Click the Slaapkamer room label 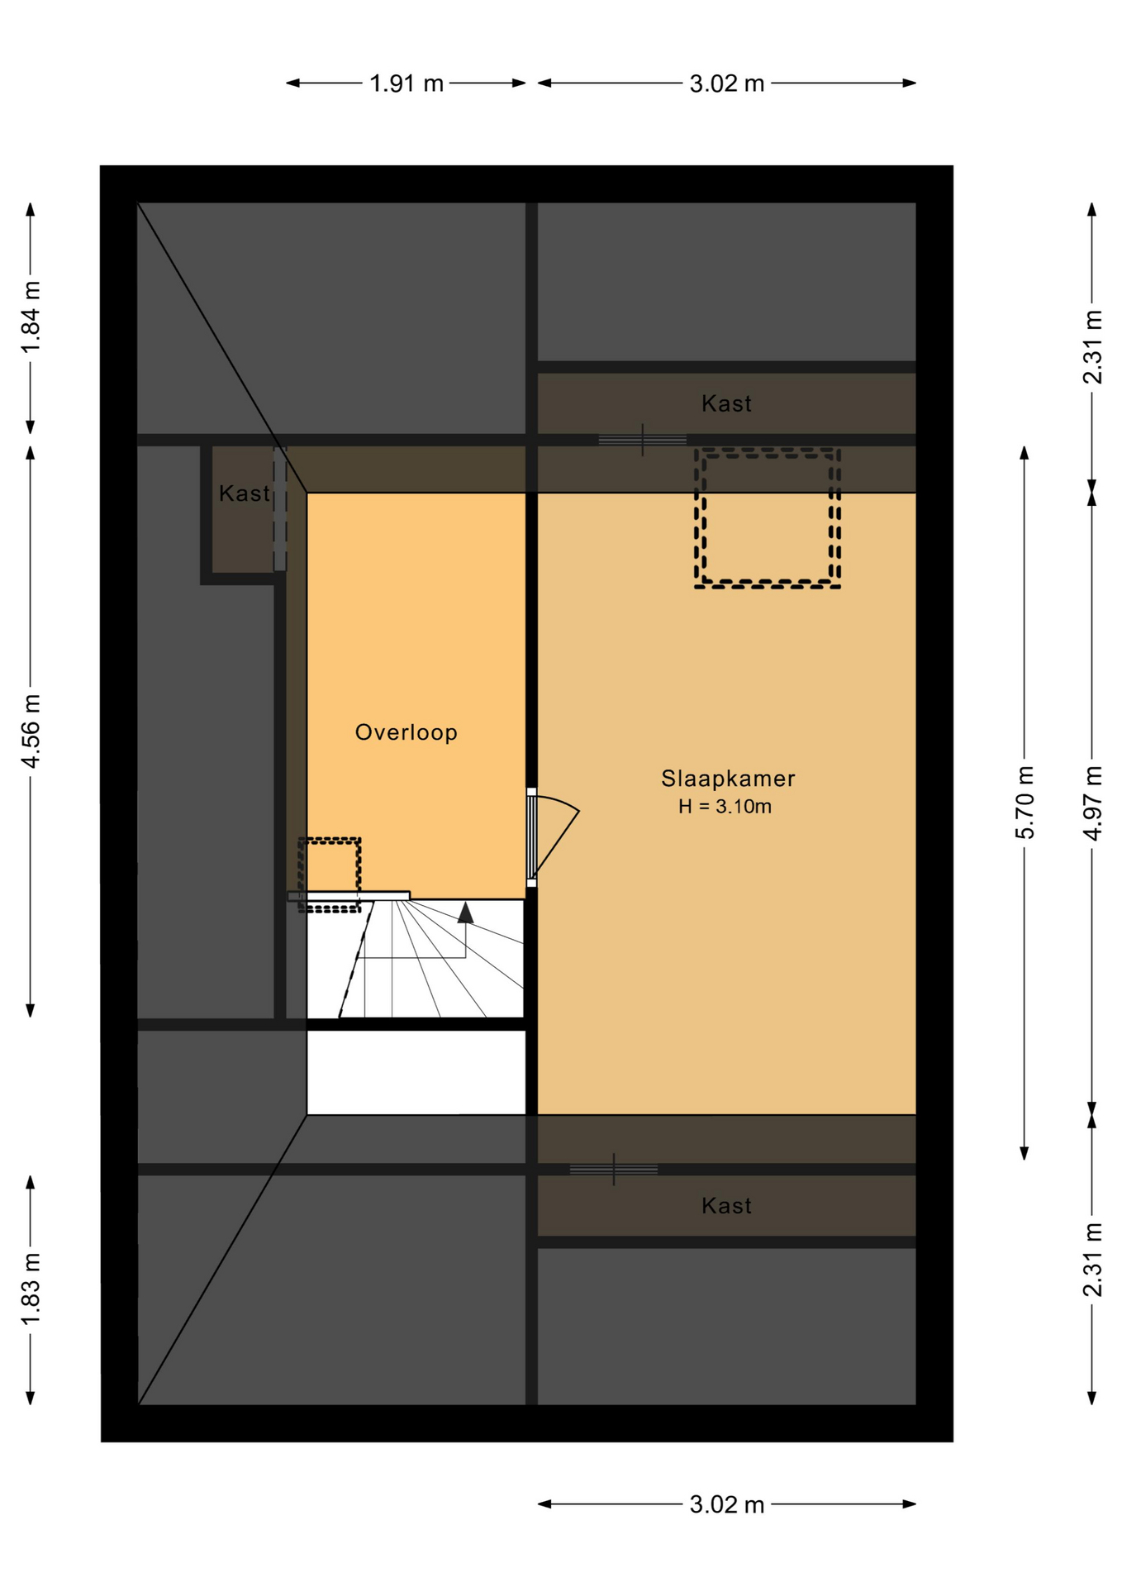pyautogui.click(x=727, y=779)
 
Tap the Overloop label pyautogui.click(x=406, y=732)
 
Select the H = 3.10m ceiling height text pyautogui.click(x=725, y=807)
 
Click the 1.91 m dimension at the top pyautogui.click(x=406, y=83)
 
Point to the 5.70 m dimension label pyautogui.click(x=1025, y=802)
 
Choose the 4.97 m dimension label pyautogui.click(x=1092, y=803)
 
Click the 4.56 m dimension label pyautogui.click(x=31, y=732)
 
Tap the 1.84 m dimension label pyautogui.click(x=31, y=317)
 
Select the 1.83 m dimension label pyautogui.click(x=31, y=1289)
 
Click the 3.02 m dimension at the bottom pyautogui.click(x=727, y=1504)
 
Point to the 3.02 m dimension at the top pyautogui.click(x=727, y=83)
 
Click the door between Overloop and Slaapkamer pyautogui.click(x=553, y=836)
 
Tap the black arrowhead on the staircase pyautogui.click(x=466, y=913)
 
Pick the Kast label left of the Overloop pyautogui.click(x=244, y=493)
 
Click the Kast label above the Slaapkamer pyautogui.click(x=726, y=403)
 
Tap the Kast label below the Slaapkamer pyautogui.click(x=726, y=1206)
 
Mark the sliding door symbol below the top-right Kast pyautogui.click(x=642, y=440)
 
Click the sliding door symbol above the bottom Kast pyautogui.click(x=613, y=1170)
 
